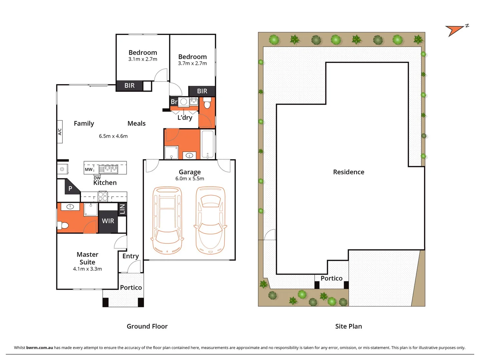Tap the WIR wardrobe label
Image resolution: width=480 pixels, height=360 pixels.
pyautogui.click(x=108, y=221)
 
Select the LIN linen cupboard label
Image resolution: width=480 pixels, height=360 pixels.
pyautogui.click(x=122, y=209)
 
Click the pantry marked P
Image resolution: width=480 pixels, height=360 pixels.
pyautogui.click(x=70, y=189)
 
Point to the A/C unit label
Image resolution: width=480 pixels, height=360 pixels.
pyautogui.click(x=60, y=132)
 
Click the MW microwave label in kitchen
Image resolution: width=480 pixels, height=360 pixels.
pyautogui.click(x=89, y=169)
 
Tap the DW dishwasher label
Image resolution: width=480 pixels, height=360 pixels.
pyautogui.click(x=97, y=178)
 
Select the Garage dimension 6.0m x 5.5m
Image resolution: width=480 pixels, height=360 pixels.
pyautogui.click(x=190, y=179)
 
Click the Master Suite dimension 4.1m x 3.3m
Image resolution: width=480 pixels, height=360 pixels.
pyautogui.click(x=87, y=269)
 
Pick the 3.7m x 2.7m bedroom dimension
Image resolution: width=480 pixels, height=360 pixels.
pyautogui.click(x=192, y=63)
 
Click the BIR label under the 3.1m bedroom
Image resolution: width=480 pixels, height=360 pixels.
pyautogui.click(x=129, y=86)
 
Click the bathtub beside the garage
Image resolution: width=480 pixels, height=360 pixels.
pyautogui.click(x=208, y=144)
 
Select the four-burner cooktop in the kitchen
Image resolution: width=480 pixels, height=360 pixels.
pyautogui.click(x=103, y=196)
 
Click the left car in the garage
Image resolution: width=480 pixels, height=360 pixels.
pyautogui.click(x=167, y=220)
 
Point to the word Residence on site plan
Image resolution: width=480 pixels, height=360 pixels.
pyautogui.click(x=349, y=172)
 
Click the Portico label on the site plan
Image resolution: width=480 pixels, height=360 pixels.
pyautogui.click(x=331, y=278)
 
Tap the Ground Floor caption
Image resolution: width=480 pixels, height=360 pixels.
pyautogui.click(x=147, y=326)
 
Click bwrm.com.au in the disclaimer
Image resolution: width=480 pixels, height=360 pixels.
pyautogui.click(x=39, y=348)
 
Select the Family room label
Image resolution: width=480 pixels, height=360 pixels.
pyautogui.click(x=84, y=123)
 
